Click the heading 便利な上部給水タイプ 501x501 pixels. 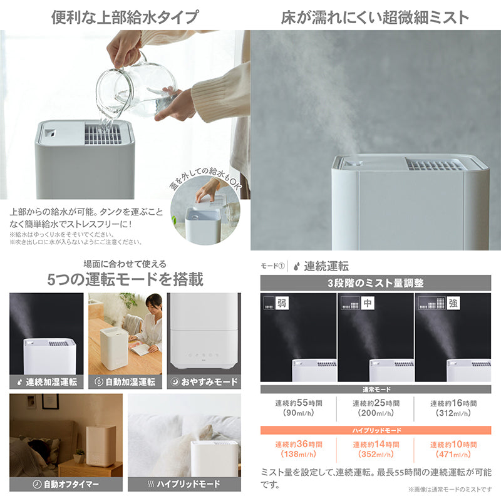click(x=125, y=17)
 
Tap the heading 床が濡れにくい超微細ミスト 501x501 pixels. click(x=375, y=18)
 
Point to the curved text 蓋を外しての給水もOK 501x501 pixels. click(x=205, y=177)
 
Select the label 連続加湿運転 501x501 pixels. click(x=51, y=382)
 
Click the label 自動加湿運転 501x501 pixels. click(x=130, y=382)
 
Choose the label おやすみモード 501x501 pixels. click(x=209, y=382)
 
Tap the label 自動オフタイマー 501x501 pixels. click(x=71, y=484)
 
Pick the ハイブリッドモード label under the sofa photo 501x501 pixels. click(x=189, y=484)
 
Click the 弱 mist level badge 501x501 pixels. click(x=281, y=303)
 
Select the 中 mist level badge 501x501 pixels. click(x=367, y=303)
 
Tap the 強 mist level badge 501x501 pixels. click(x=453, y=303)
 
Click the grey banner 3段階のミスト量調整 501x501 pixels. click(x=375, y=283)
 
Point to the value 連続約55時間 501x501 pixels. click(x=299, y=403)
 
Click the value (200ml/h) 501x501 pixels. click(x=376, y=413)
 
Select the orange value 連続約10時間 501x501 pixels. click(x=453, y=444)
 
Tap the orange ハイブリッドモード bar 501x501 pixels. click(x=375, y=430)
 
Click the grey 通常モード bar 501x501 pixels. click(x=375, y=390)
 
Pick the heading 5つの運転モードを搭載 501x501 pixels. click(x=125, y=279)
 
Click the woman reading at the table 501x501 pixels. click(x=148, y=323)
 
